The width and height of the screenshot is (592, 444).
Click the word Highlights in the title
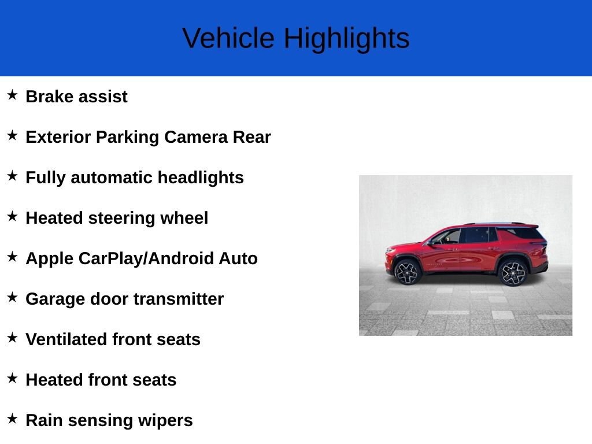pyautogui.click(x=346, y=39)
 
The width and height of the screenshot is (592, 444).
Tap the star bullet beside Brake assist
pyautogui.click(x=12, y=95)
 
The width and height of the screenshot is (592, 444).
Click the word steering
pyautogui.click(x=120, y=218)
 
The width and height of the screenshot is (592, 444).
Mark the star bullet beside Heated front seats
pyautogui.click(x=12, y=378)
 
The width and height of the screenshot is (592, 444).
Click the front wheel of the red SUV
pyautogui.click(x=408, y=272)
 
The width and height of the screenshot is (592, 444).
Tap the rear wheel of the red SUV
pyautogui.click(x=512, y=273)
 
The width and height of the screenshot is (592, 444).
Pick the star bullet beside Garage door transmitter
pyautogui.click(x=12, y=297)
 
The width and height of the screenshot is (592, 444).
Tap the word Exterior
pyautogui.click(x=58, y=137)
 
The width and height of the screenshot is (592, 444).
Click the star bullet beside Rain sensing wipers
pyautogui.click(x=12, y=419)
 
